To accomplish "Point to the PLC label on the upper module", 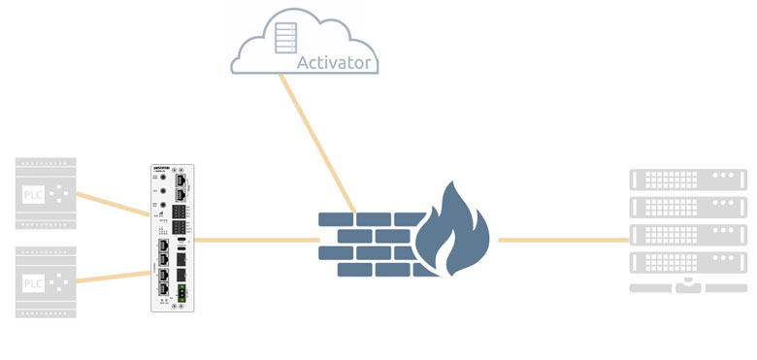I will click(32, 193).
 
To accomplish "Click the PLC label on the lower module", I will click(32, 283).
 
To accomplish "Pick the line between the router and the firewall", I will click(257, 239).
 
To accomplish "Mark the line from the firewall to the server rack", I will click(563, 239).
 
